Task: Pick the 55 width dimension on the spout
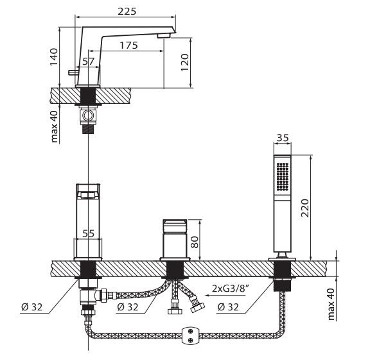click(x=89, y=234)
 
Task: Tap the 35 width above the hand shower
click(x=281, y=138)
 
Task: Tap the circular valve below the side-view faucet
click(x=88, y=116)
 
